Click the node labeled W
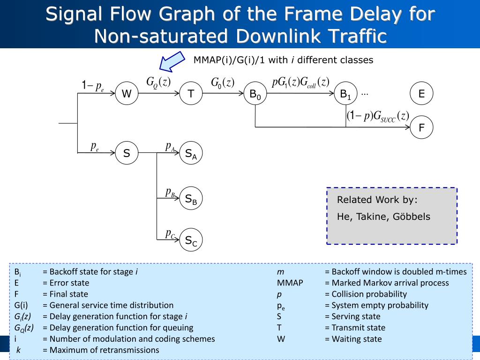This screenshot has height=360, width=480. pos(127,94)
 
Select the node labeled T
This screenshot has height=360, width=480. pos(191,94)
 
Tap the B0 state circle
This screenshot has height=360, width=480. pos(255,94)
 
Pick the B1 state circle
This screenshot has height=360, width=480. pos(345,94)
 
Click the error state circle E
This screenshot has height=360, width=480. pos(421,94)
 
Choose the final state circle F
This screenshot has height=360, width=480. pos(421,127)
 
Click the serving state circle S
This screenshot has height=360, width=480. pos(127,153)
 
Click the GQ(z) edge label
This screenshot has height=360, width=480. pos(158,82)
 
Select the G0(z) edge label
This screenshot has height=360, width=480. pos(222,83)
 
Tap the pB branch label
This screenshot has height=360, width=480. pos(170,192)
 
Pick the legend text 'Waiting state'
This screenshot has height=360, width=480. pos(353,339)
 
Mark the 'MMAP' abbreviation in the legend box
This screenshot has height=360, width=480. pos(290,283)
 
